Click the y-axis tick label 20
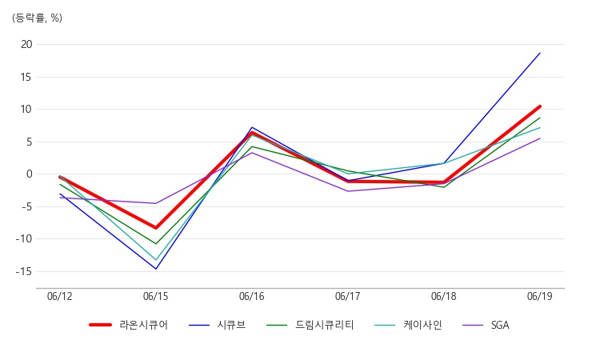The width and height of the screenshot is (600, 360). click(x=26, y=44)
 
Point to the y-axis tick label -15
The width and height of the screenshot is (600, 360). click(x=24, y=272)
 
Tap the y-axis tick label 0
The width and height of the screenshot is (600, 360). click(x=30, y=174)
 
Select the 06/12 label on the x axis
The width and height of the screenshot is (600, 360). click(x=60, y=297)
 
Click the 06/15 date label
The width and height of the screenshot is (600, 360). click(x=156, y=297)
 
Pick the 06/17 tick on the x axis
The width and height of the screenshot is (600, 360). click(x=348, y=297)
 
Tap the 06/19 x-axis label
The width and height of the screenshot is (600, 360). click(x=540, y=297)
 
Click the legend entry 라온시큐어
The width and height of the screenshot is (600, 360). click(x=129, y=325)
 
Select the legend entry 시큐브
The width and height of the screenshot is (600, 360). click(x=218, y=325)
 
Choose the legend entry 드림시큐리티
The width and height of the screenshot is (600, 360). click(x=310, y=325)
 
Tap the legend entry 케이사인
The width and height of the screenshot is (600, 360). click(x=408, y=325)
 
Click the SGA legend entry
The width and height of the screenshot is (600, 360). click(x=486, y=325)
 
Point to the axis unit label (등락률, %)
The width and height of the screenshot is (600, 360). click(x=37, y=18)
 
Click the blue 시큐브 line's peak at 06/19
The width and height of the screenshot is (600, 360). click(x=540, y=53)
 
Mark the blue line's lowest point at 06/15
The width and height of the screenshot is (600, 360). click(x=156, y=269)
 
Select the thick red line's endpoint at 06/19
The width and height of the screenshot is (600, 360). click(x=540, y=106)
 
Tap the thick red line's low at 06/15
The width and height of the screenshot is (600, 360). click(x=156, y=228)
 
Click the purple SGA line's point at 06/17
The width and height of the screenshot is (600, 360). click(x=348, y=191)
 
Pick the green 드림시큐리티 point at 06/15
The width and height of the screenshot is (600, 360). click(x=156, y=244)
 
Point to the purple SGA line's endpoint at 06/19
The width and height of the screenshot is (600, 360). click(x=540, y=138)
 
